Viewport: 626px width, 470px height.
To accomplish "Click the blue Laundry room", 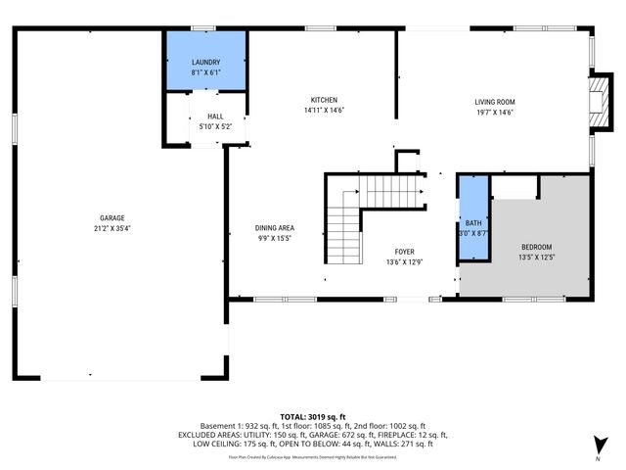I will click(x=204, y=61).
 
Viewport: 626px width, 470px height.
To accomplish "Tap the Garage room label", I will click(x=112, y=218).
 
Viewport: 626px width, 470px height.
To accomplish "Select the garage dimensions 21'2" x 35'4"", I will click(x=112, y=228).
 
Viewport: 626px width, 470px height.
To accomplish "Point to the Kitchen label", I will click(x=324, y=100).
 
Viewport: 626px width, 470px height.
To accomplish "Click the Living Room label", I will click(x=495, y=102).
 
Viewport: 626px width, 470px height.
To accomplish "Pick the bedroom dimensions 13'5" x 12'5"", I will click(x=536, y=257).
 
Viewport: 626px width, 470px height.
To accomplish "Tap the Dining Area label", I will click(x=275, y=228).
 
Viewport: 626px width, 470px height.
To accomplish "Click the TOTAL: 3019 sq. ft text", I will click(x=313, y=416).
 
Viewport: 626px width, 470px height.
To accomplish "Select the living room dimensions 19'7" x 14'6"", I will click(x=495, y=112).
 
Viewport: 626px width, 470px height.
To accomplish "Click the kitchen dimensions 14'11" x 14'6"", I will click(x=324, y=110).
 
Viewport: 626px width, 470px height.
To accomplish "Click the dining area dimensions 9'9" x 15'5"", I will click(x=275, y=238).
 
